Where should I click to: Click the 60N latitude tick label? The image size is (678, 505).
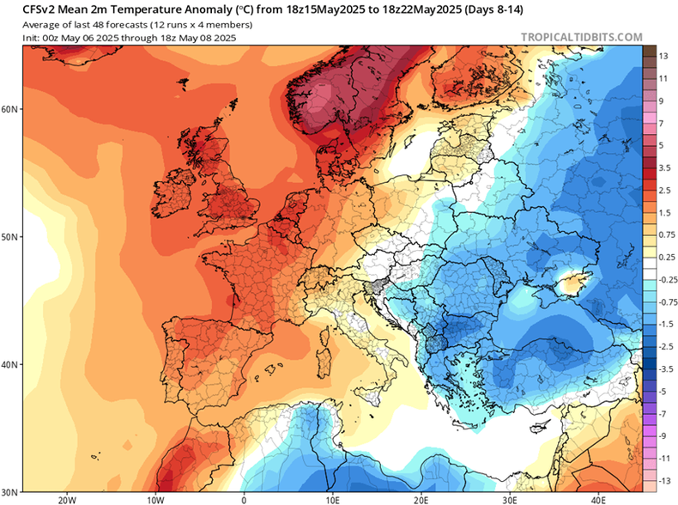tap(10, 109)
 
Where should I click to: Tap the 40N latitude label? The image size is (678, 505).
tap(10, 364)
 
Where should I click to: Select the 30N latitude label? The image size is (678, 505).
tap(10, 492)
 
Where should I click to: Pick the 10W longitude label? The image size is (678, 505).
tap(154, 499)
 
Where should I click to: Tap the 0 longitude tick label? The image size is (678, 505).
tap(244, 499)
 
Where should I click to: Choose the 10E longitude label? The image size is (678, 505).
tap(332, 499)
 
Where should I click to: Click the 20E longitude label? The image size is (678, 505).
tap(421, 499)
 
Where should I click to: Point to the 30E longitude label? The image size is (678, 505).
tap(510, 499)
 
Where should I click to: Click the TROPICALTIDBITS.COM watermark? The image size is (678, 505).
tap(581, 38)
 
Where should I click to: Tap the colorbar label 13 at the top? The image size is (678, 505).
tap(663, 56)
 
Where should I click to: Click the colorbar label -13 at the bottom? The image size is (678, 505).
tap(663, 480)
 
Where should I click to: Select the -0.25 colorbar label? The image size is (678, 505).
tap(663, 279)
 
